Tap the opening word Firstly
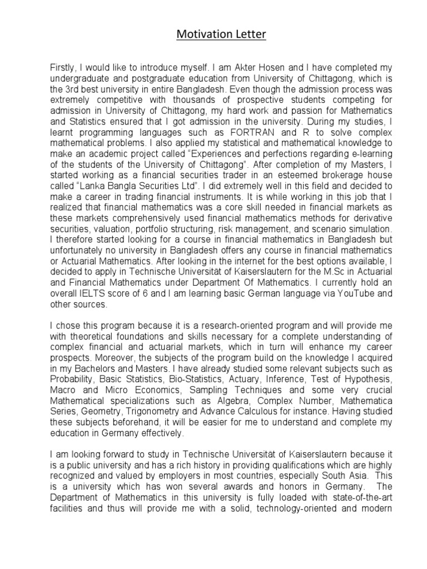(x=64, y=66)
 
